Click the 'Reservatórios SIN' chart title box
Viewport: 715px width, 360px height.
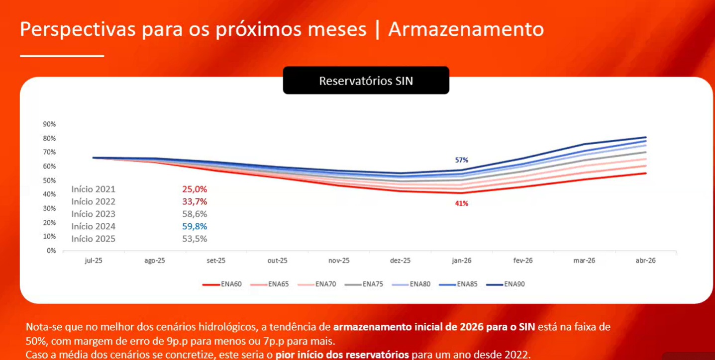[x=366, y=81]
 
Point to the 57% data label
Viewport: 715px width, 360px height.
[x=461, y=160]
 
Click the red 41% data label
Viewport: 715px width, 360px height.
[x=461, y=203]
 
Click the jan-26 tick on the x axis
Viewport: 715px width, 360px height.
[x=461, y=261]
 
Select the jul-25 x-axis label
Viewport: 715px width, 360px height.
[x=93, y=261]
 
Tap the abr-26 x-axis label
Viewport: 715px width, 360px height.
[x=645, y=261]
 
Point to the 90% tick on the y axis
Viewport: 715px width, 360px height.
[x=50, y=124]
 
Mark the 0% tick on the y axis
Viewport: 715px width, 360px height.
[x=51, y=251]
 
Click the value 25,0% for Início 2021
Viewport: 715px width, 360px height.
[x=195, y=189]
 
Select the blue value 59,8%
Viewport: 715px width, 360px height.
[x=195, y=227]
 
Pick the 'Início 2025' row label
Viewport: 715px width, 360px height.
[x=93, y=239]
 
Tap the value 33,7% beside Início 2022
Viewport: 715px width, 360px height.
[x=195, y=202]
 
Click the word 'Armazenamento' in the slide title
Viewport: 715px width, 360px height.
[x=466, y=29]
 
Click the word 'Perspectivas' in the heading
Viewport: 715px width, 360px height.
[x=78, y=29]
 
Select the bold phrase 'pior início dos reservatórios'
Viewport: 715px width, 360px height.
[x=342, y=355]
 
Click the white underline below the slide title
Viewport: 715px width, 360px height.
[x=62, y=56]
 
